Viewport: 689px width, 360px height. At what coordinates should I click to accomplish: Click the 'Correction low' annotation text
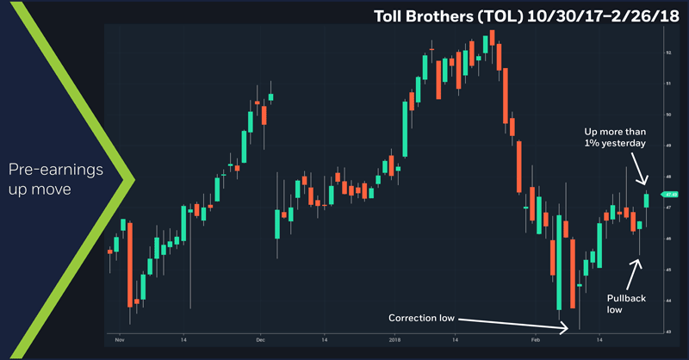421,318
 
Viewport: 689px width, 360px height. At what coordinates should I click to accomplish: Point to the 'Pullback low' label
626,301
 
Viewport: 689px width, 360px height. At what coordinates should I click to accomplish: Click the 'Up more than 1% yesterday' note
614,137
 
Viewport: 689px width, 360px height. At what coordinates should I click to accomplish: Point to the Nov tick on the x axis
119,339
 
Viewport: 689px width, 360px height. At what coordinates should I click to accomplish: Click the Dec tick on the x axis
260,339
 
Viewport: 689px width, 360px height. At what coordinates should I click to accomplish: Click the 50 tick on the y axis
667,115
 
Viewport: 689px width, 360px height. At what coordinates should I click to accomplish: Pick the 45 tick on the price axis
667,270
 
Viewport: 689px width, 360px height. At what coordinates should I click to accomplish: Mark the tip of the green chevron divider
134,180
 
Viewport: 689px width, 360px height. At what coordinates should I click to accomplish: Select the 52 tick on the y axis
667,53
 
